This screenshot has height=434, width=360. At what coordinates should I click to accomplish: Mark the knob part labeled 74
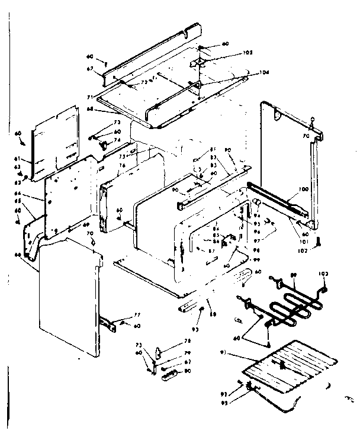[x=104, y=143]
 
